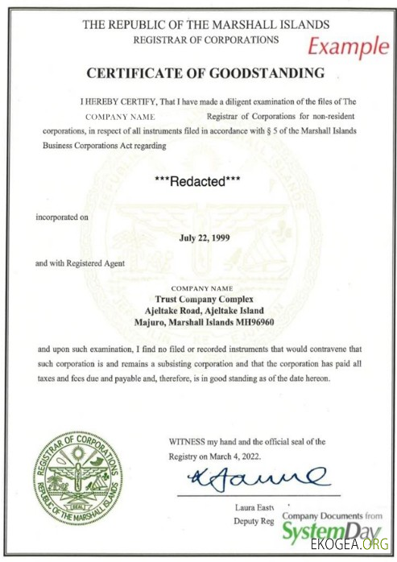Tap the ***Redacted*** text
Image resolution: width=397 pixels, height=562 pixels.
(x=198, y=181)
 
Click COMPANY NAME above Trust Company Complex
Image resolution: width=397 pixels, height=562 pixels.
(x=202, y=287)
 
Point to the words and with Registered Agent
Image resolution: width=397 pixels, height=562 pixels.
(x=84, y=263)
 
